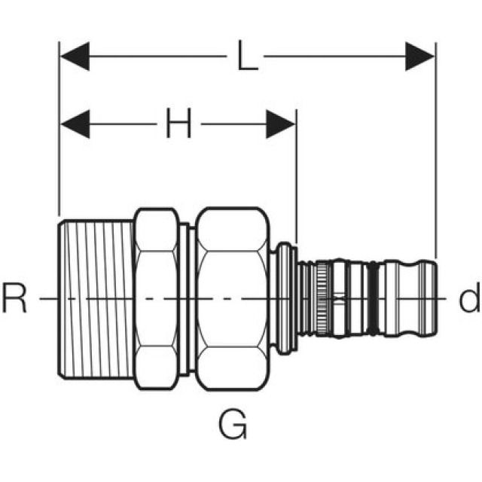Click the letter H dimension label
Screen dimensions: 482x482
click(x=178, y=124)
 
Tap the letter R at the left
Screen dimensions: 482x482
click(x=14, y=299)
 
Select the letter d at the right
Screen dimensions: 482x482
click(x=468, y=300)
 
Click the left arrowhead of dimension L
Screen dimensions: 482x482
click(x=75, y=56)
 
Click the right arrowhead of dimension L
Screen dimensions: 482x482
click(x=420, y=56)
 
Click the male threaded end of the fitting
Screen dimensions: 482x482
click(x=96, y=299)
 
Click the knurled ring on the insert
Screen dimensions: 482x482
click(x=322, y=299)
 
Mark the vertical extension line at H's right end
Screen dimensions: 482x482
click(x=296, y=181)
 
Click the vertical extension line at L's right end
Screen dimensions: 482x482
click(x=435, y=151)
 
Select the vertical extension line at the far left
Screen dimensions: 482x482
click(x=59, y=151)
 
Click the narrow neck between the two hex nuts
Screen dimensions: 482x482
click(x=189, y=299)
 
